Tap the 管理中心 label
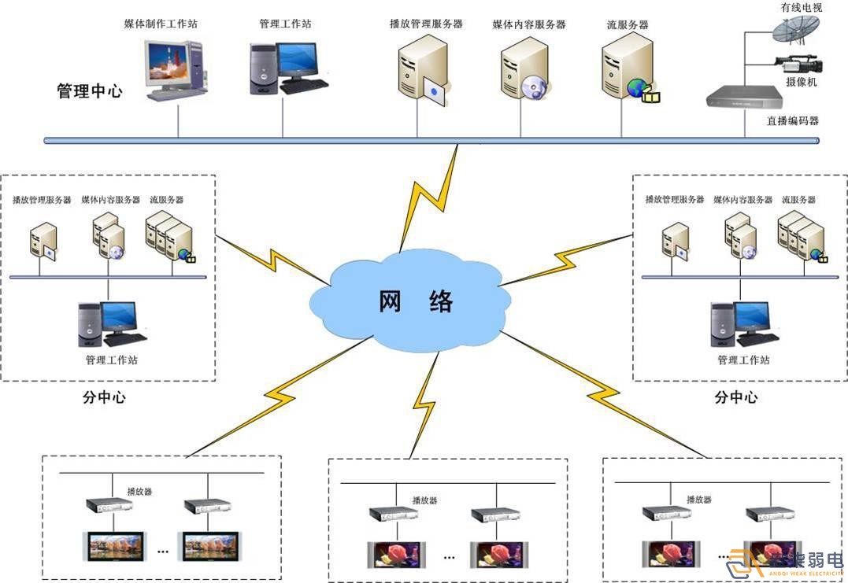pos(89,91)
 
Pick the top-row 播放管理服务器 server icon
pos(422,71)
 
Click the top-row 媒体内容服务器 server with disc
pos(524,71)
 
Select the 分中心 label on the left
pos(104,397)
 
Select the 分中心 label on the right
pos(735,397)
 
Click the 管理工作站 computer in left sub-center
pos(111,323)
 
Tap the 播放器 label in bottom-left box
pos(139,491)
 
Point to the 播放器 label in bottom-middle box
pos(424,500)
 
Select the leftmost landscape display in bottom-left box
pos(113,544)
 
